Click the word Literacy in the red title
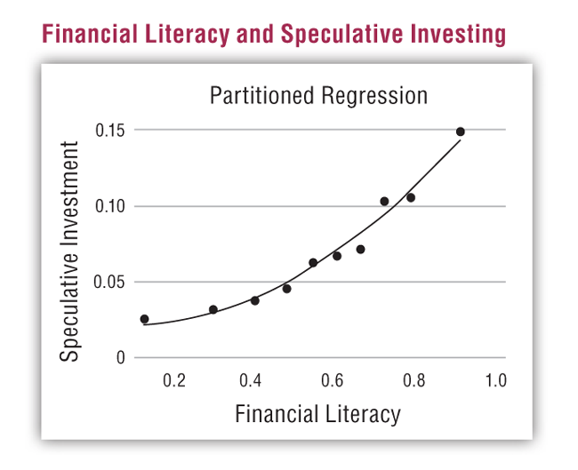pos(187,35)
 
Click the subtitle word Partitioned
pos(261,95)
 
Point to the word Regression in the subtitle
pos(374,96)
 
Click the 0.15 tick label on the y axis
pos(110,130)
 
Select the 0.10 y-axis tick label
pos(110,206)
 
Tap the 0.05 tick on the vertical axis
pos(109,283)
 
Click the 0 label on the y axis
pos(121,357)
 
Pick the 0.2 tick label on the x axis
pos(174,380)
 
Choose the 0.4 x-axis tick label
pos(250,380)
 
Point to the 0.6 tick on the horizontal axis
pos(333,380)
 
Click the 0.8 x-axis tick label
pos(413,380)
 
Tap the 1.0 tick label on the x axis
pos(496,380)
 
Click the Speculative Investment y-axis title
pos(69,251)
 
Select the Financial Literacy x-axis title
pos(317,414)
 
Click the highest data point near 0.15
pos(460,131)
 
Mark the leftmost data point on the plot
pos(144,319)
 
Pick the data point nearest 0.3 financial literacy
pos(213,309)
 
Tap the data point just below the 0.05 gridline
pos(287,289)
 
